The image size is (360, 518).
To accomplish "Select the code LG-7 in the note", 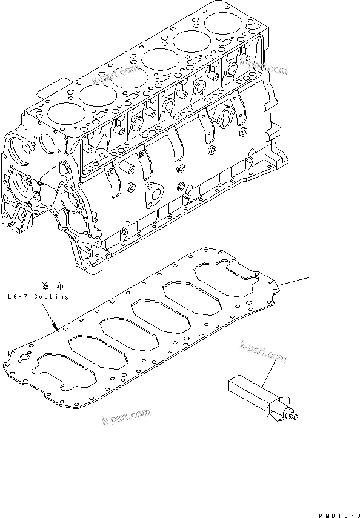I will coord(18,297).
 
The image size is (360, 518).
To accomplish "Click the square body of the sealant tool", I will coord(245,388).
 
